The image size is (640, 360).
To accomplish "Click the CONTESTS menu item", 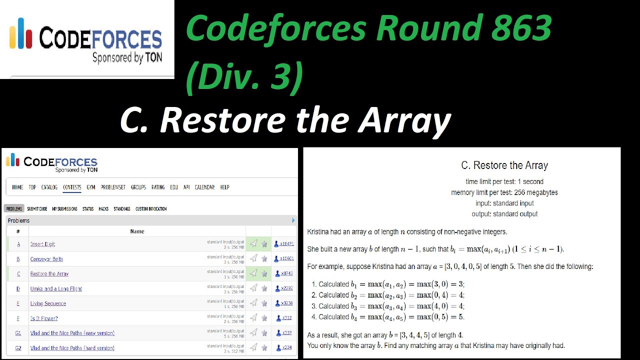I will tap(72, 187).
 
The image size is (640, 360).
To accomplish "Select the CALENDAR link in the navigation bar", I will tap(204, 187).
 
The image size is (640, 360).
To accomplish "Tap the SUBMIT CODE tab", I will tap(37, 209).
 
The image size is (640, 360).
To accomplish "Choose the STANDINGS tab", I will tap(122, 209).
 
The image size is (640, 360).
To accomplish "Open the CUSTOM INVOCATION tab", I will tap(151, 209).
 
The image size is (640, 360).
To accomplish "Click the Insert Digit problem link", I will tap(42, 244).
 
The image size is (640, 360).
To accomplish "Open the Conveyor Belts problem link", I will tap(46, 259).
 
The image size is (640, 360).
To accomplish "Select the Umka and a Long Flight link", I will tap(56, 289).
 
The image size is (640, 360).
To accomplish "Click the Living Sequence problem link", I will tap(48, 303).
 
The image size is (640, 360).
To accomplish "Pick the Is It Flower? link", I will tap(44, 318).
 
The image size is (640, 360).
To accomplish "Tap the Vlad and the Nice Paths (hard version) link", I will tap(72, 348).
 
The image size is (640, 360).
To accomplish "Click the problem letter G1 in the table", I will tap(18, 333).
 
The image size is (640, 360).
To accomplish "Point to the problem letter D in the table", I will tap(18, 289).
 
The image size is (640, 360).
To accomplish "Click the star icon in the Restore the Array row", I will tap(264, 273).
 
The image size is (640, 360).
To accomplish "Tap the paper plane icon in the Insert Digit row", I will tap(254, 244).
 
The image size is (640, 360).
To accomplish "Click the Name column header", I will tap(137, 231).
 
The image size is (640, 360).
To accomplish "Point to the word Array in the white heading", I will tap(405, 120).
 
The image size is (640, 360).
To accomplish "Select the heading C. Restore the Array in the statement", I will tap(504, 165).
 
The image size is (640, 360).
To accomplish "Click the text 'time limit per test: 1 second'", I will tap(504, 181).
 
